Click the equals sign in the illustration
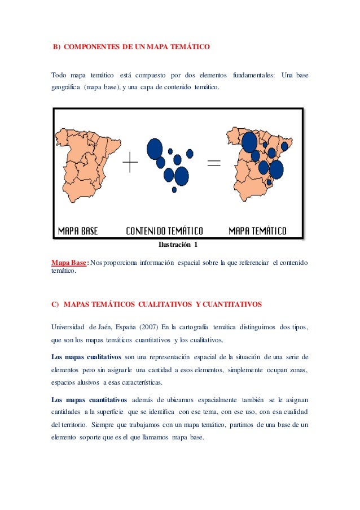pos(214,164)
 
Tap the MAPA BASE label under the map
pos(78,231)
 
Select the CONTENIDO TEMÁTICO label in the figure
pos(164,231)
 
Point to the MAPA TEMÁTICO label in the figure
pos(257,231)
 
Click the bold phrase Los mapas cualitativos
pos(86,357)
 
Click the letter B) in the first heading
pos(56,47)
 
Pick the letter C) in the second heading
pos(55,304)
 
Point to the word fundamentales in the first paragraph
pos(254,75)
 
